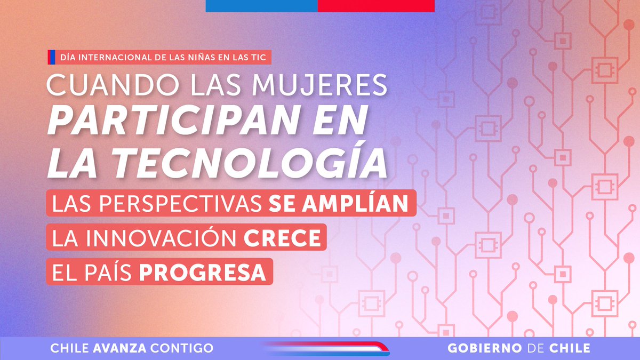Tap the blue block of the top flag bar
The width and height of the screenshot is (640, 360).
click(x=261, y=5)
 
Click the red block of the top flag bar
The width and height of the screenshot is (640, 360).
click(x=376, y=5)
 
